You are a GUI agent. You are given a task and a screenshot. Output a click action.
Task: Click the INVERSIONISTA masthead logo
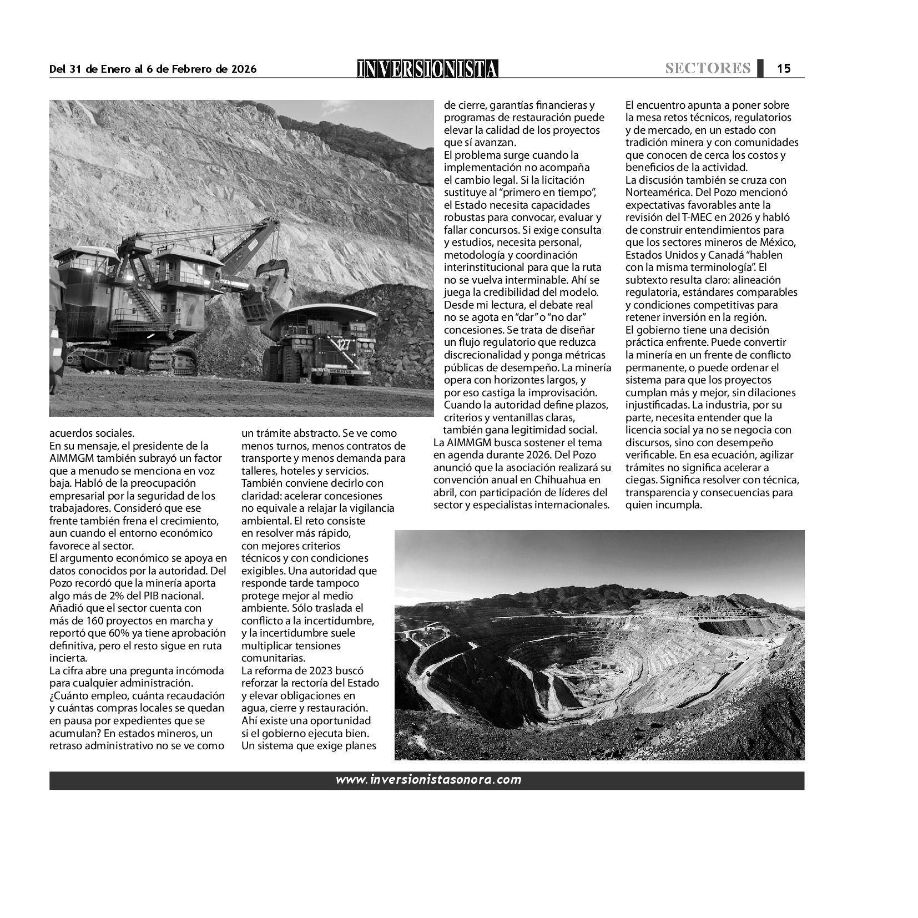point(427,69)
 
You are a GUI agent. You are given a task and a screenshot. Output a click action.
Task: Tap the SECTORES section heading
point(708,68)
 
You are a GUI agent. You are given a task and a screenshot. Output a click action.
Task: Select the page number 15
point(784,68)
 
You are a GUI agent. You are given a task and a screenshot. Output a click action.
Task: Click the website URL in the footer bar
point(428,780)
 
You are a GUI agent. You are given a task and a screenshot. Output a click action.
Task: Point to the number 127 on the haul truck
point(342,345)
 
